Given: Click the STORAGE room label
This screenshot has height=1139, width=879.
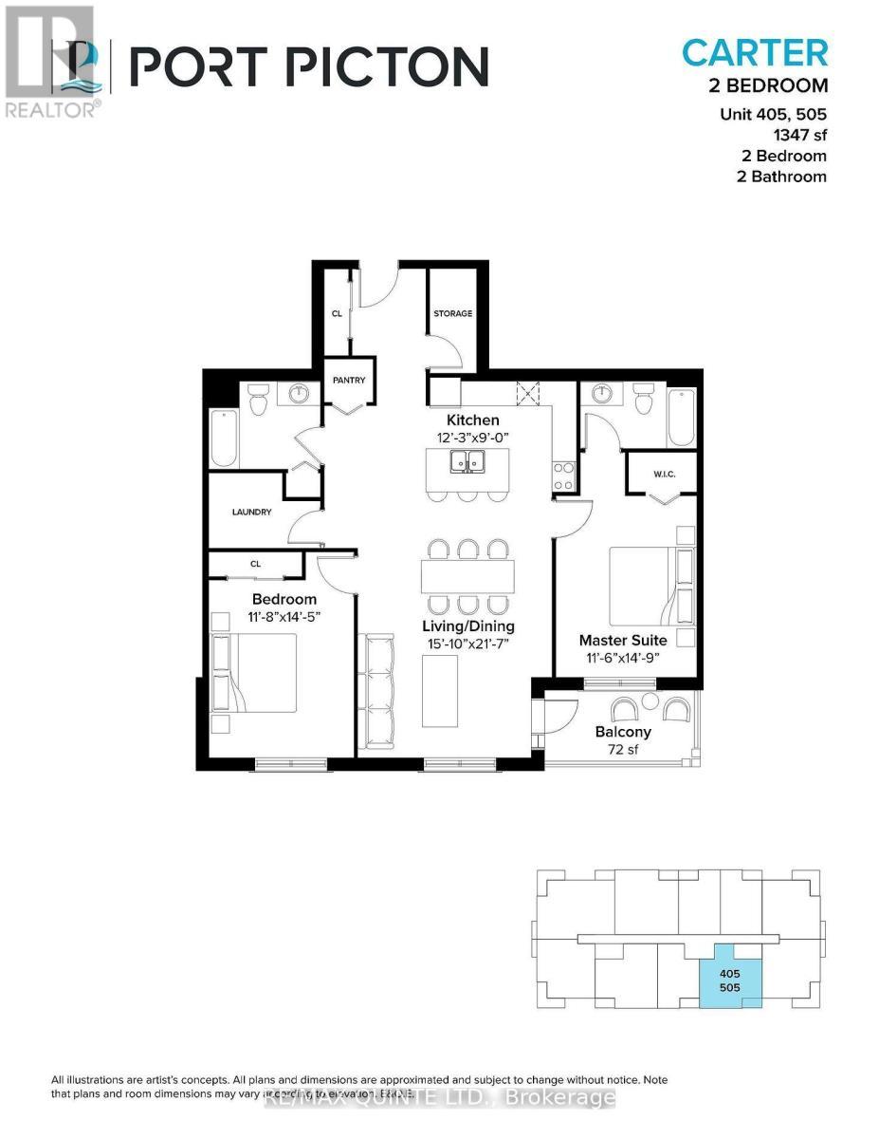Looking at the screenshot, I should click(452, 313).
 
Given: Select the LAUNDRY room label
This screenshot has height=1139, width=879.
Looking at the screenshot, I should click(252, 512).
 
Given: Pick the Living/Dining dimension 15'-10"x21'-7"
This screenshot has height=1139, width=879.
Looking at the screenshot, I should click(468, 644).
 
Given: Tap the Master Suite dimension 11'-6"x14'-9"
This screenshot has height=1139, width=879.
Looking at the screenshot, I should click(623, 658).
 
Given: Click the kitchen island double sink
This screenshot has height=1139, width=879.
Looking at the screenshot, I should click(468, 462).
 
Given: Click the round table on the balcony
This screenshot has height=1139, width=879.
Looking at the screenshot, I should click(650, 702).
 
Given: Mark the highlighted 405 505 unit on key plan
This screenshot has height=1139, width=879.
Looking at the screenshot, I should click(728, 980).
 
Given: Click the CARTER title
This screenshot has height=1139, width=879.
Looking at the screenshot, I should click(754, 53).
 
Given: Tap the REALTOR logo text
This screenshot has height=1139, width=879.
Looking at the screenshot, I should click(50, 109).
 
